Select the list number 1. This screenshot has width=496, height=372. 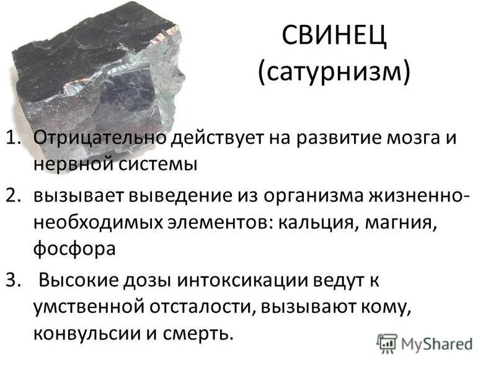point(16,138)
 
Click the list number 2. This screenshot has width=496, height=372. point(17,196)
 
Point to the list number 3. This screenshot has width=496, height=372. point(17,280)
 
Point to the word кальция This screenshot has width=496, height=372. point(316,223)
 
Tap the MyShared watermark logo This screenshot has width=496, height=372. point(425,343)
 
